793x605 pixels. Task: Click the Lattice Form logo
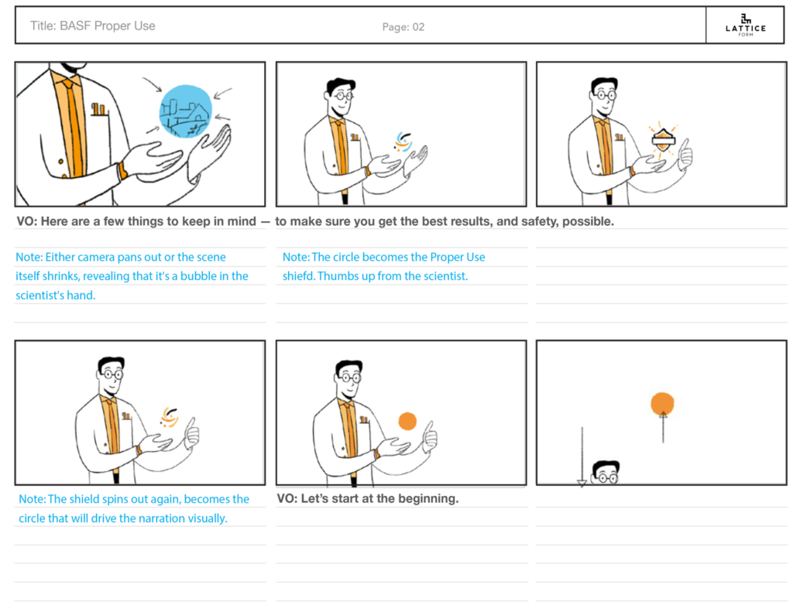click(x=746, y=26)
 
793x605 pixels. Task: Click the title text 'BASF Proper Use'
click(x=107, y=26)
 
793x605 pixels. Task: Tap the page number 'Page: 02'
click(x=403, y=27)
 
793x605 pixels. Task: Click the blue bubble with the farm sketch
click(x=186, y=111)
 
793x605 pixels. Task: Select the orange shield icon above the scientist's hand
click(x=663, y=139)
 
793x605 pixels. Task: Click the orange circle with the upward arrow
click(x=662, y=404)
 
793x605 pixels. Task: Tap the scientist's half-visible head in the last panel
click(x=606, y=472)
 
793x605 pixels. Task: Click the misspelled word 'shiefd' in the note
click(x=298, y=276)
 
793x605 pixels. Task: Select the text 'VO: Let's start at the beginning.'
click(x=368, y=498)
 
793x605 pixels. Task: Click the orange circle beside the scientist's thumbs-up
click(x=407, y=421)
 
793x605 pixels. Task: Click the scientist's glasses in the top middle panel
click(x=342, y=94)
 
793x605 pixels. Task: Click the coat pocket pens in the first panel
click(x=98, y=109)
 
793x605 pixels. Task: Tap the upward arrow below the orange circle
click(x=663, y=428)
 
